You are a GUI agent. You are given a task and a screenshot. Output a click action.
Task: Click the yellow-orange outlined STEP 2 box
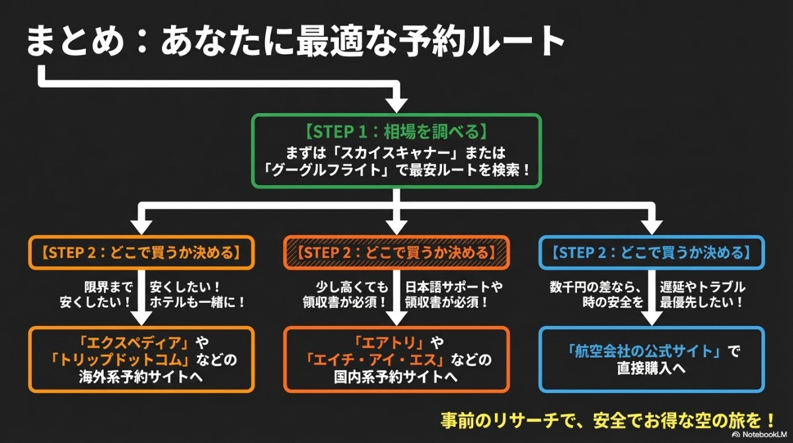(x=141, y=252)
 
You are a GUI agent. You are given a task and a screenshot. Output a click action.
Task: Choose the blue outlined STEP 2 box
(x=652, y=252)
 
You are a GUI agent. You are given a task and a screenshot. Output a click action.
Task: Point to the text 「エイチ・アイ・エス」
(x=377, y=360)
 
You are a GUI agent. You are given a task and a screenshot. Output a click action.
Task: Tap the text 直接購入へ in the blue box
(x=652, y=368)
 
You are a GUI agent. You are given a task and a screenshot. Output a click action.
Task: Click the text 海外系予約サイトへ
(x=141, y=378)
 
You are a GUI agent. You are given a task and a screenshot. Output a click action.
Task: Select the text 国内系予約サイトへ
(x=396, y=378)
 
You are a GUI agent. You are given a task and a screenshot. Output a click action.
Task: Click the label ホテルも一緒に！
(x=198, y=303)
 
